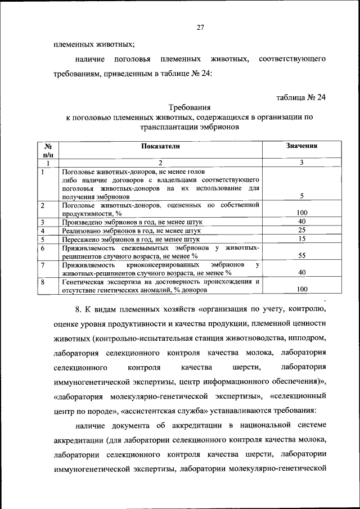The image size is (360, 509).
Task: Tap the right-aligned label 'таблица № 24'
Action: (x=301, y=97)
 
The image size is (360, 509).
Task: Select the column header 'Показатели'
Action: (x=160, y=146)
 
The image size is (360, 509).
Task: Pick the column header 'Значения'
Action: (x=302, y=146)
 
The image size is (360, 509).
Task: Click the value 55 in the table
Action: (x=301, y=255)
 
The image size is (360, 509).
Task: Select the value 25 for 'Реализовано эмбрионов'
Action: (x=301, y=231)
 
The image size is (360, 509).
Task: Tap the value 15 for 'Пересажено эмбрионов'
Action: (x=301, y=239)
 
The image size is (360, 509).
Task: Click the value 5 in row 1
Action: (x=301, y=196)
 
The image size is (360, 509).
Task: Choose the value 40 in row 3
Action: (x=301, y=222)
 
